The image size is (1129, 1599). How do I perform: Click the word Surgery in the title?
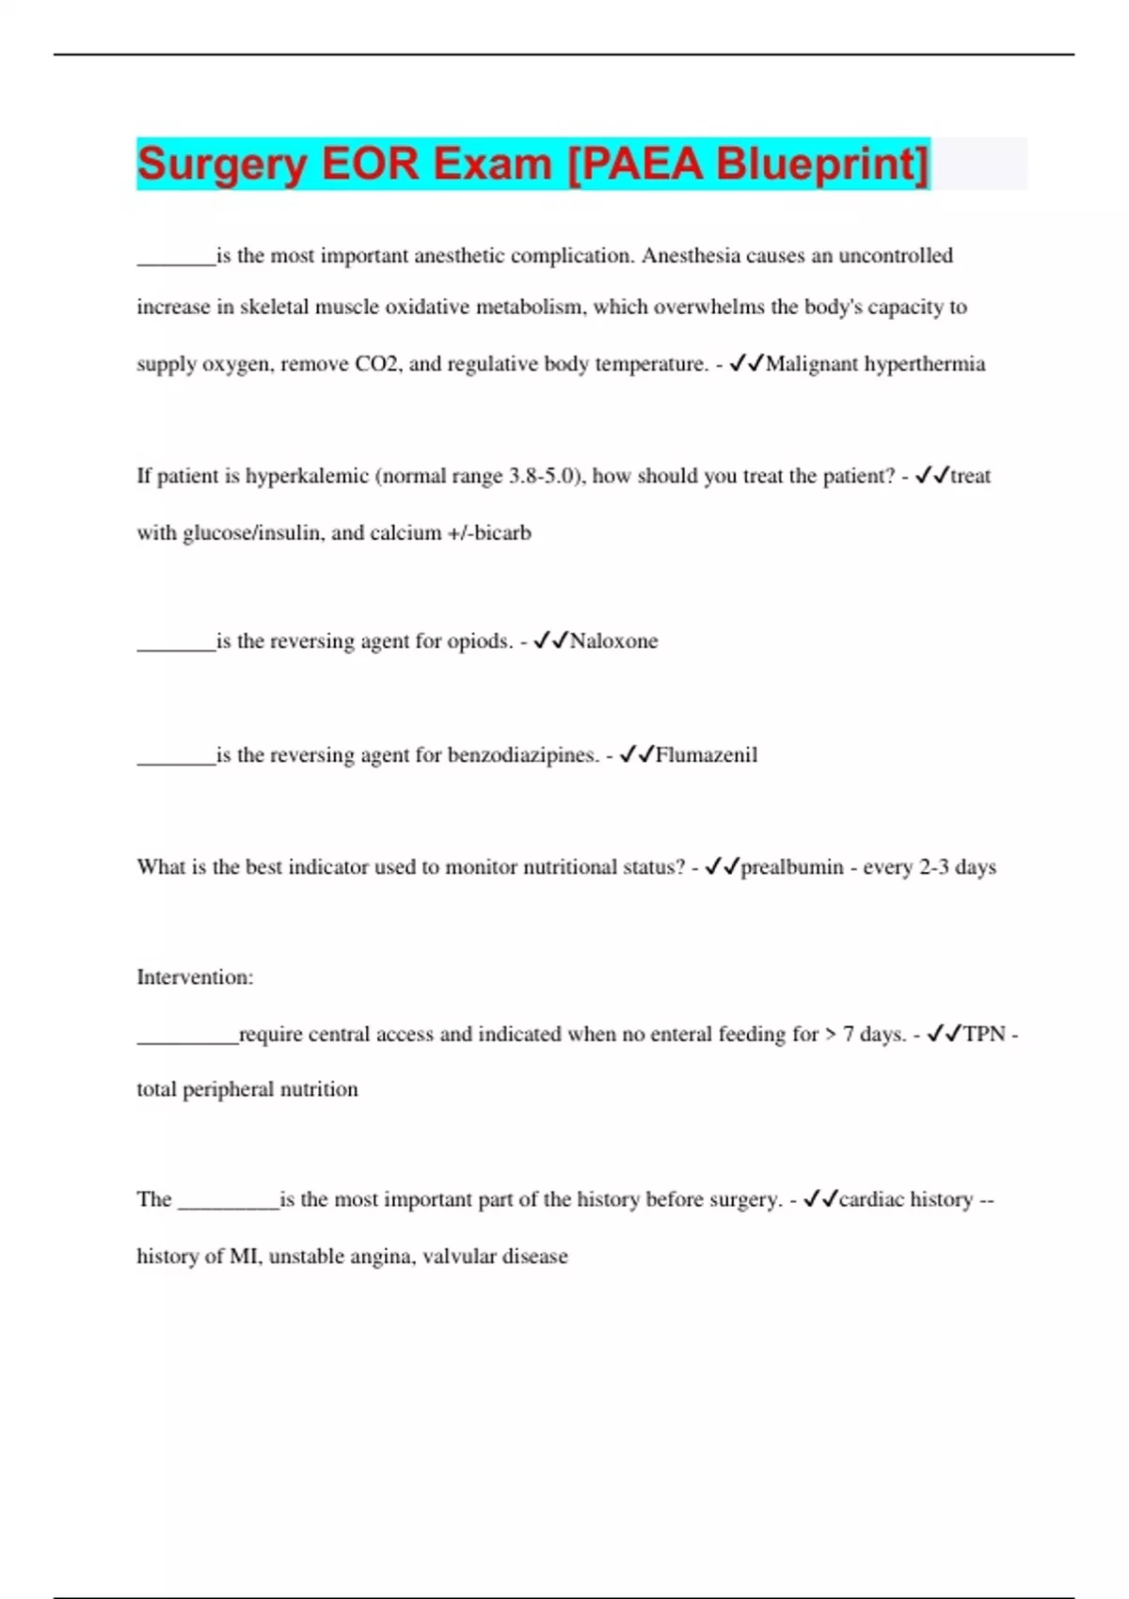pyautogui.click(x=222, y=165)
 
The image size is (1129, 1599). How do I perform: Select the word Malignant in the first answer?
pyautogui.click(x=811, y=364)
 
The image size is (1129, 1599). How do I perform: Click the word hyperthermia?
pyautogui.click(x=925, y=364)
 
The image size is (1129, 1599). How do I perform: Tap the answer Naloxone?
pyautogui.click(x=613, y=641)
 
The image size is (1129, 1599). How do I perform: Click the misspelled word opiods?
pyautogui.click(x=480, y=641)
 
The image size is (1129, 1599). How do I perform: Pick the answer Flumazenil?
pyautogui.click(x=706, y=754)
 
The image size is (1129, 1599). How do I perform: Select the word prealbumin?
pyautogui.click(x=792, y=867)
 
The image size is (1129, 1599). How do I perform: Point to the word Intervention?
pyautogui.click(x=194, y=977)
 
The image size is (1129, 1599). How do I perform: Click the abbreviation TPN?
pyautogui.click(x=984, y=1034)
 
